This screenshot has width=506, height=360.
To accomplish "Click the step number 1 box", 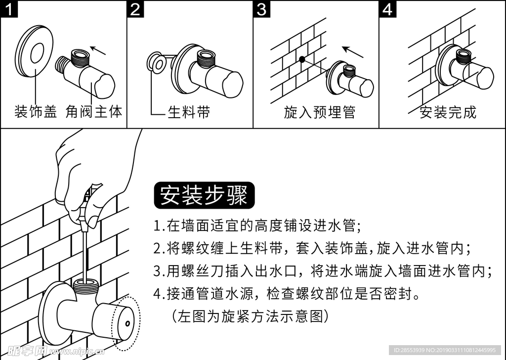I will coord(9,9).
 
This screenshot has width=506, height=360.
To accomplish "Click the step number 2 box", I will coord(136,9).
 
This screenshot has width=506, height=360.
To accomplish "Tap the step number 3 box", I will coord(262,9).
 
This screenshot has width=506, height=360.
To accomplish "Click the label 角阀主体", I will coord(93,112).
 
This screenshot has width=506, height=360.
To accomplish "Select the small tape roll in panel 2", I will coord(157,63).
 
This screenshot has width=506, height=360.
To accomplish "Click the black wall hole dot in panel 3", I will coord(301,59).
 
